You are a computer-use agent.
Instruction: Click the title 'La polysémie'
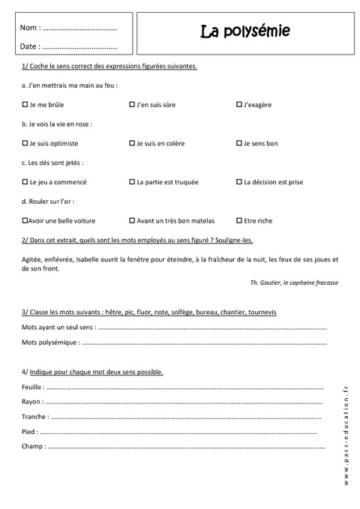coord(244,32)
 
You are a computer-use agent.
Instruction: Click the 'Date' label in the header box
coord(30,46)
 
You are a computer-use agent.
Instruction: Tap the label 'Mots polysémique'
coord(49,343)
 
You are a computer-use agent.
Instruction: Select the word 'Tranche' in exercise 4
coord(35,416)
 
